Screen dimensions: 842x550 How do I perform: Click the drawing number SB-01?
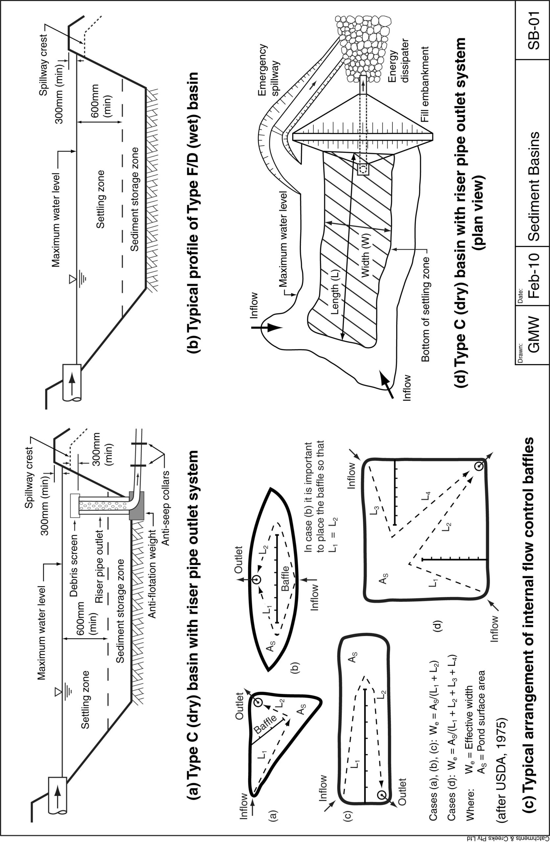click(x=533, y=30)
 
